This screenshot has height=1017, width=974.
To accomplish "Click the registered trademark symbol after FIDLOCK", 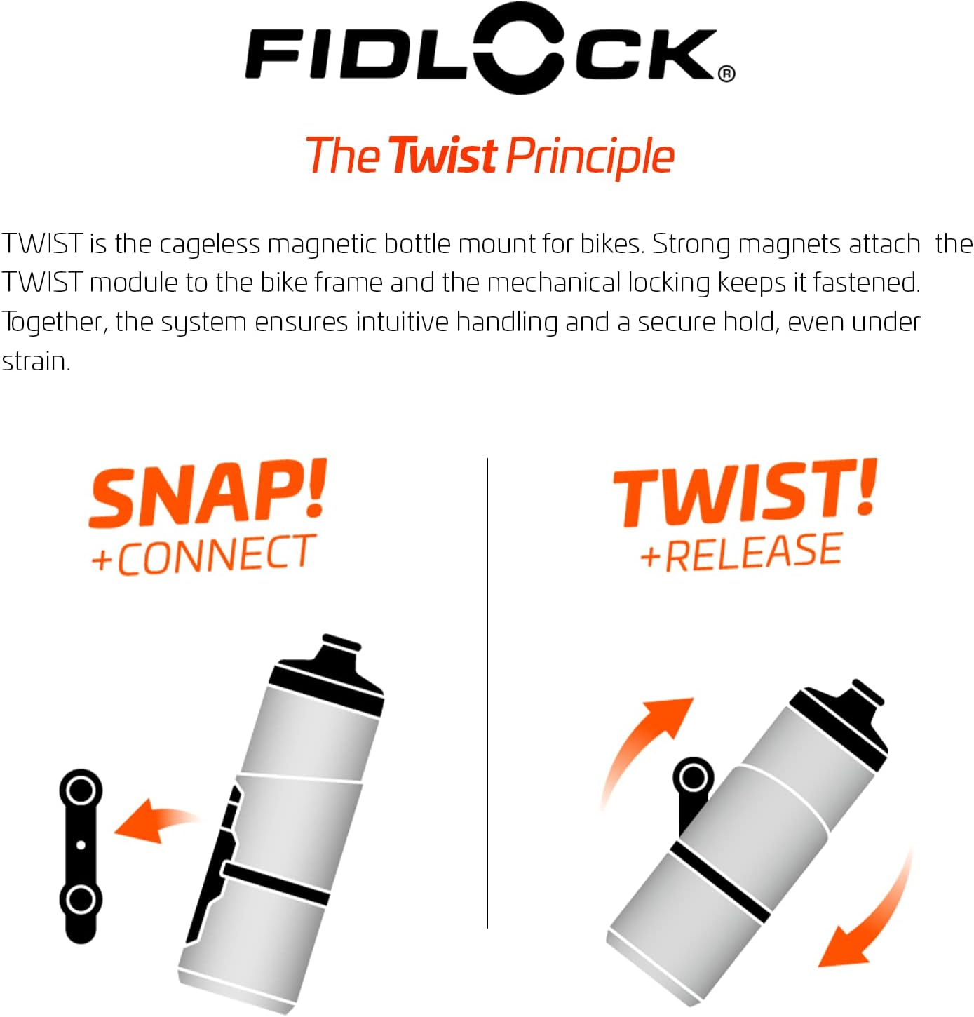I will [x=726, y=74].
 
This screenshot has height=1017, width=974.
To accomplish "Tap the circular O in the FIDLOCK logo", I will [x=520, y=48].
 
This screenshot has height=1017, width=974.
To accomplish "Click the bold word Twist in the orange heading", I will [x=443, y=156].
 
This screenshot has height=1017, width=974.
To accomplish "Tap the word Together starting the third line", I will [x=54, y=322].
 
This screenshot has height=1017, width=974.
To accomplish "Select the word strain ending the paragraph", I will [x=35, y=361].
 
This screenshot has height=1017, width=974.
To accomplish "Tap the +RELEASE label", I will [x=740, y=552].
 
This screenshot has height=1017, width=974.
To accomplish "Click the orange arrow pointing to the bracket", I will [x=154, y=819].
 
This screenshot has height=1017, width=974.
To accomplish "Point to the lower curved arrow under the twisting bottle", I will [x=870, y=919].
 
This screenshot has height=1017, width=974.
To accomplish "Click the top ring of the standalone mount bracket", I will [x=81, y=791].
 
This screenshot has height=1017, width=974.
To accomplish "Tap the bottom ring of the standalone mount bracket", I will [x=81, y=898].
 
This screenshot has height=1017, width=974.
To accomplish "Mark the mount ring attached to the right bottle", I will [x=693, y=777].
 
